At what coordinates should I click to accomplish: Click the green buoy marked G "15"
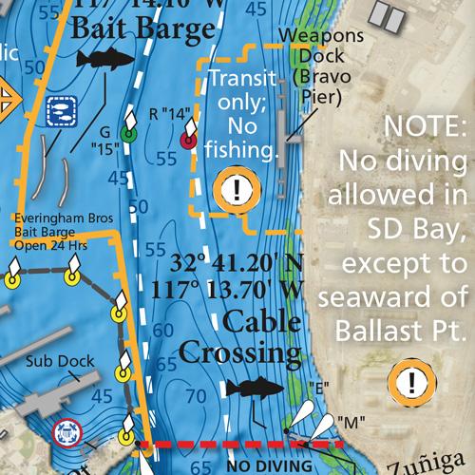[130, 134]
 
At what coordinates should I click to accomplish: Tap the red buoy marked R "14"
[187, 141]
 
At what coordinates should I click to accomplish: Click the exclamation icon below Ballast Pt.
[411, 383]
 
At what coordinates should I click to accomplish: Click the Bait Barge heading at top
[142, 29]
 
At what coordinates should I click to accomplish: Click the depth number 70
[197, 394]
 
